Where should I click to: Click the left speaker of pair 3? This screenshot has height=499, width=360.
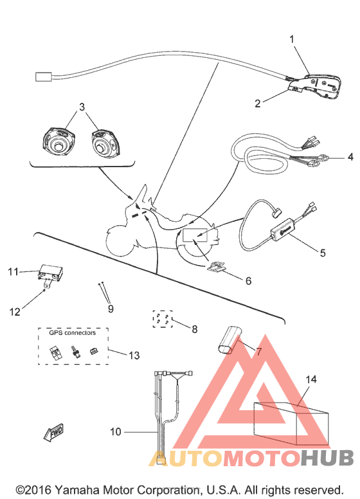pyautogui.click(x=57, y=142)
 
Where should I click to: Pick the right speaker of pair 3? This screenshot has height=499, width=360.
pyautogui.click(x=102, y=142)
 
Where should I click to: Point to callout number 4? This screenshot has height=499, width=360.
pyautogui.click(x=332, y=156)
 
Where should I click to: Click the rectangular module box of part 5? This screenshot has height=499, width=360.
pyautogui.click(x=283, y=229)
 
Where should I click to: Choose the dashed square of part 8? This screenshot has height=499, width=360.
pyautogui.click(x=162, y=320)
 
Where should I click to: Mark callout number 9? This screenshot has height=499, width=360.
pyautogui.click(x=110, y=309)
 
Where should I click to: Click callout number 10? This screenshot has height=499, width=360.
pyautogui.click(x=115, y=432)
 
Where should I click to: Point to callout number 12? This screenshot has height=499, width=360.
pyautogui.click(x=15, y=312)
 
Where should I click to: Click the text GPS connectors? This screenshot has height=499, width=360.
pyautogui.click(x=72, y=333)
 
